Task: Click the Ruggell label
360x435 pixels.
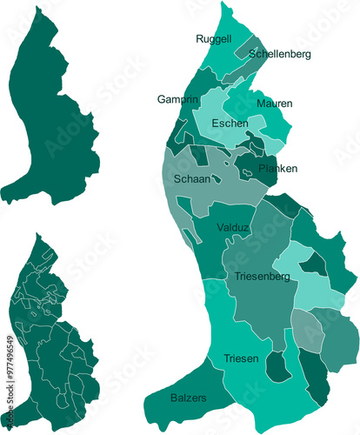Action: pos(213,39)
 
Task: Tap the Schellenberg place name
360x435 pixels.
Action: pos(279,54)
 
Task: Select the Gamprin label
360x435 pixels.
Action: pos(177,99)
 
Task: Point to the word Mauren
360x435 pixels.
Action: pos(274,104)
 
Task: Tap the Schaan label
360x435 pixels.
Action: pos(192,178)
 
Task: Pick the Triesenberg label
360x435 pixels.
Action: pos(262,277)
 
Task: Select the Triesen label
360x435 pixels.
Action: pos(240,358)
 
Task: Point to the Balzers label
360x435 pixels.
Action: pos(189,398)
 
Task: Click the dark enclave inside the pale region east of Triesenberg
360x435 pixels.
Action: pos(318,265)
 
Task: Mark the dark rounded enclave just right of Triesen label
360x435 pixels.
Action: pos(277,367)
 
